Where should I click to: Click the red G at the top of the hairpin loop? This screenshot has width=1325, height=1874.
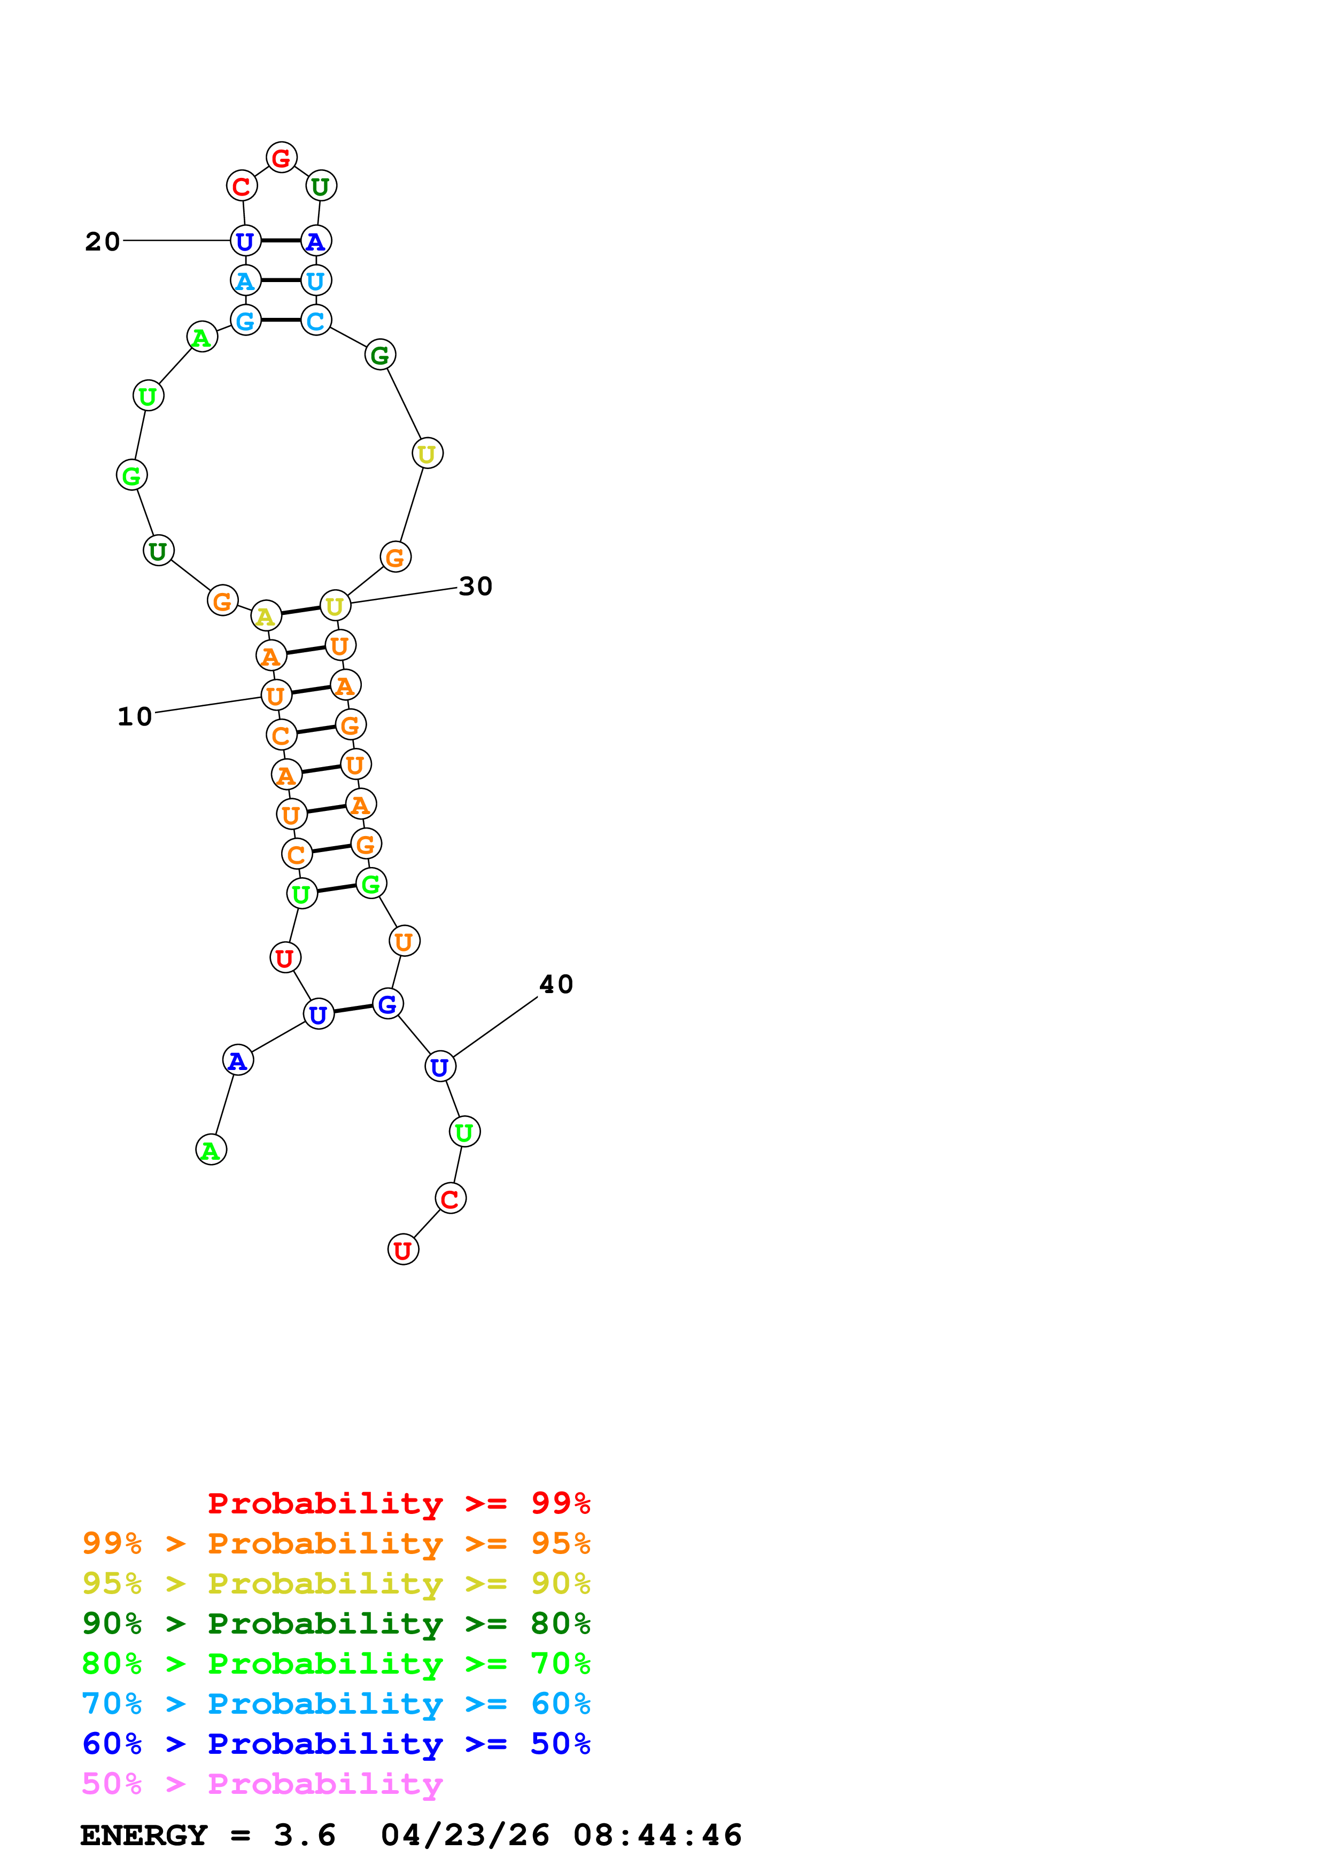pyautogui.click(x=281, y=158)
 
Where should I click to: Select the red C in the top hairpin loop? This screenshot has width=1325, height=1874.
pyautogui.click(x=242, y=186)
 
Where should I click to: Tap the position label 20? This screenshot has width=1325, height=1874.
pyautogui.click(x=102, y=241)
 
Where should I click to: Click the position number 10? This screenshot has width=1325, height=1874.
pyautogui.click(x=135, y=716)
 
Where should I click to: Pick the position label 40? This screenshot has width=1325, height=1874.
pyautogui.click(x=556, y=985)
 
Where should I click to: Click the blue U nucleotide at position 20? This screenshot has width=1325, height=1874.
pyautogui.click(x=245, y=241)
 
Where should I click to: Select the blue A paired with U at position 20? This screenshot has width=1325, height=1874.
pyautogui.click(x=316, y=241)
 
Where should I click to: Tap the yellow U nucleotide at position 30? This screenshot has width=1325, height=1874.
pyautogui.click(x=335, y=606)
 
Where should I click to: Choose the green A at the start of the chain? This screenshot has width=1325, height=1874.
pyautogui.click(x=211, y=1150)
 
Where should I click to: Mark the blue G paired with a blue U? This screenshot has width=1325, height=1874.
pyautogui.click(x=387, y=1004)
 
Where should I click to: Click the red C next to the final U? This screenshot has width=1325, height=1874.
pyautogui.click(x=450, y=1199)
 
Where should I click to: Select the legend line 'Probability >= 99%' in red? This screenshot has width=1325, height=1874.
pyautogui.click(x=398, y=1503)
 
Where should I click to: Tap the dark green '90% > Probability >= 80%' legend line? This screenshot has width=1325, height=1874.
pyautogui.click(x=336, y=1623)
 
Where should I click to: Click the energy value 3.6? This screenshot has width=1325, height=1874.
pyautogui.click(x=305, y=1836)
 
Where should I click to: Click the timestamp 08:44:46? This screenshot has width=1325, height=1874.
pyautogui.click(x=657, y=1836)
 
